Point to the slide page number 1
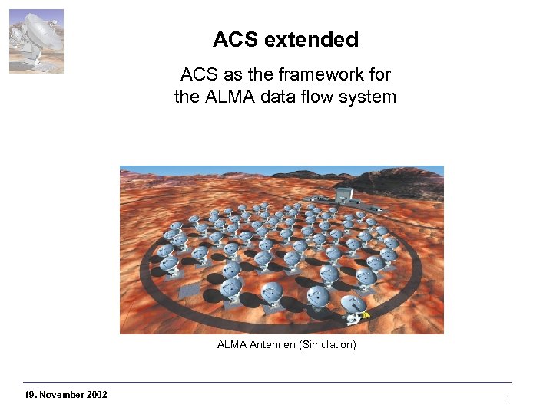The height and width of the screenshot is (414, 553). (x=508, y=396)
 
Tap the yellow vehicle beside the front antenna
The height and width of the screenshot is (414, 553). (x=366, y=314)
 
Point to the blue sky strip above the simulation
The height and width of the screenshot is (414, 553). (x=230, y=169)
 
